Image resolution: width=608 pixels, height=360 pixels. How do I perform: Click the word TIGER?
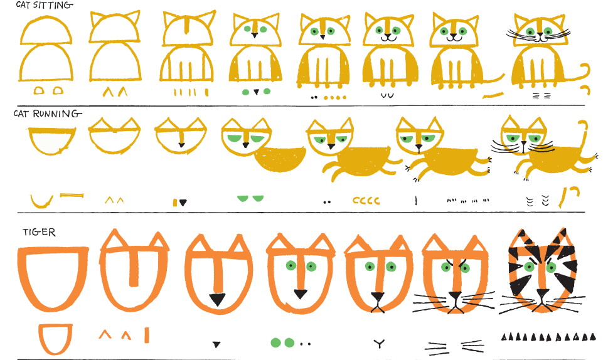(x=39, y=232)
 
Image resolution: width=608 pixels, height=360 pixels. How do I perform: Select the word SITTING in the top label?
(x=53, y=5)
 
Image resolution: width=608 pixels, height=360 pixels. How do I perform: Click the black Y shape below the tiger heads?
(x=379, y=344)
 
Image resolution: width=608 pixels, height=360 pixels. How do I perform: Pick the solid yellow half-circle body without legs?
(x=280, y=159)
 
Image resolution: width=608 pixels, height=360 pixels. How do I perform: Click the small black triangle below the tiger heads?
(x=216, y=344)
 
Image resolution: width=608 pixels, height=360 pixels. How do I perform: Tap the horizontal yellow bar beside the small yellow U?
(x=72, y=195)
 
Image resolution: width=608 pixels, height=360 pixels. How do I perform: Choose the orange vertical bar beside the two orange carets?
(x=147, y=335)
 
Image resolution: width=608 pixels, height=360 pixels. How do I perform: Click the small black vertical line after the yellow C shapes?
(x=415, y=200)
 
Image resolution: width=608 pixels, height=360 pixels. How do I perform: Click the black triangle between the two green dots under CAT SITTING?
(x=256, y=92)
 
